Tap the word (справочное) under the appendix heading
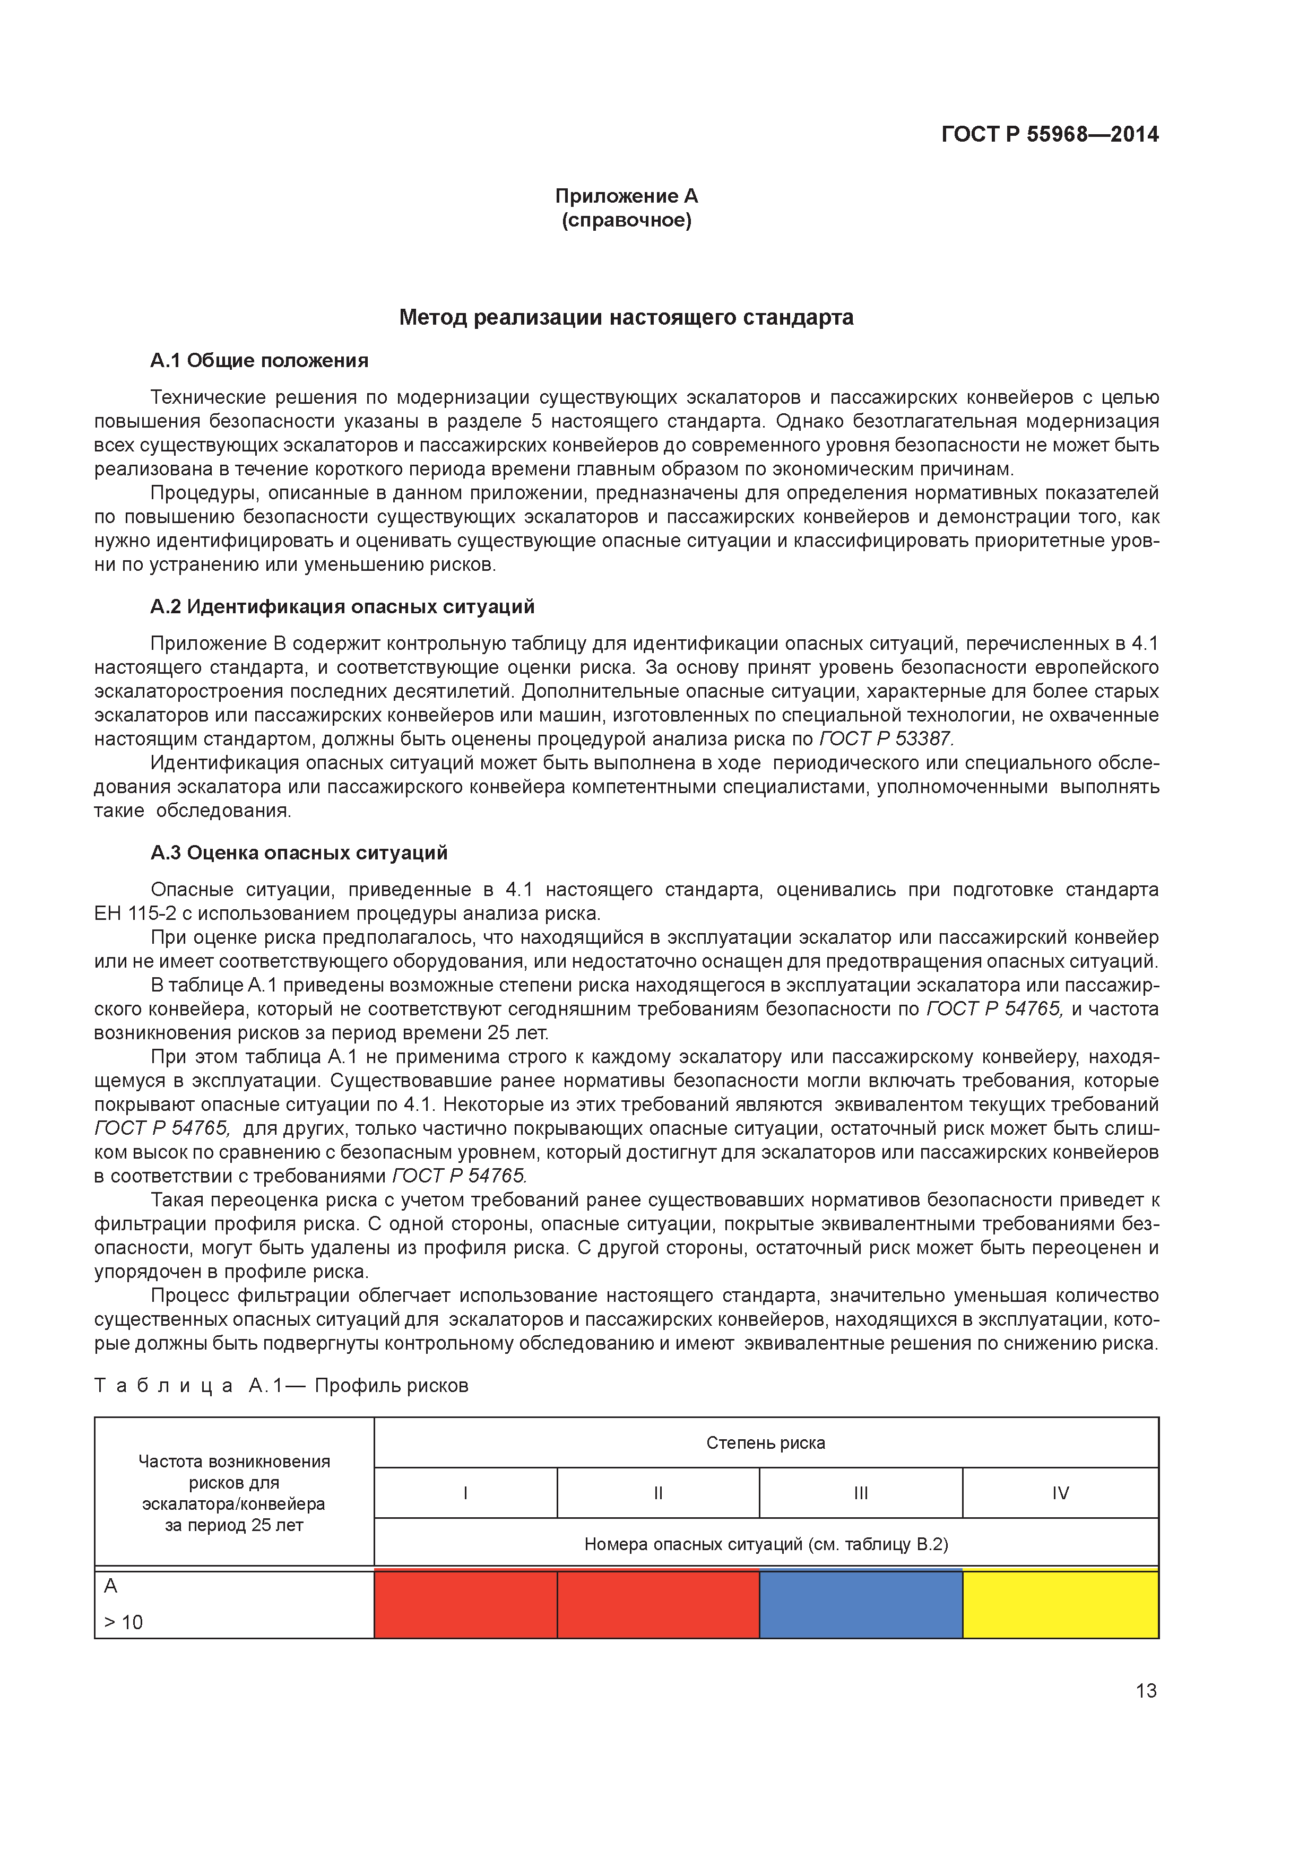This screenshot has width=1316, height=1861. click(x=626, y=221)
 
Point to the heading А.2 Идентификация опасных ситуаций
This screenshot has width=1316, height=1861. click(x=342, y=606)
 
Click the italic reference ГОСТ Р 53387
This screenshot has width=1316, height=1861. click(x=886, y=738)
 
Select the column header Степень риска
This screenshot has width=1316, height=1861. click(x=765, y=1443)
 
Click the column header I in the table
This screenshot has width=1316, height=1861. click(x=465, y=1493)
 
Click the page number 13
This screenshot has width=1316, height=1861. click(x=1146, y=1691)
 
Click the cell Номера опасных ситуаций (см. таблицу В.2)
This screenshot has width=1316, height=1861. click(x=765, y=1544)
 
